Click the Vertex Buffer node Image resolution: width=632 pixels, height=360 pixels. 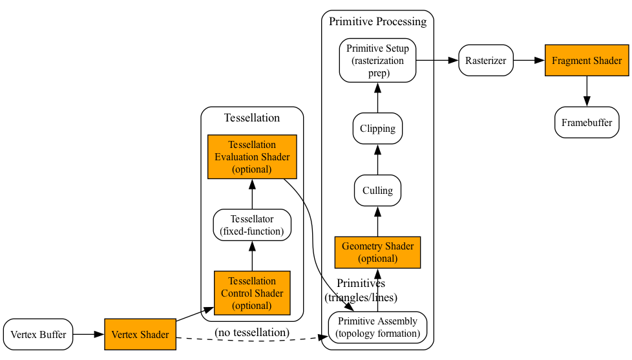pos(38,335)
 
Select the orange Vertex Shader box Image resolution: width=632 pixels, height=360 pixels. pos(140,335)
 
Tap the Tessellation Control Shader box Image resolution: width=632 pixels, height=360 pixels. pos(252,293)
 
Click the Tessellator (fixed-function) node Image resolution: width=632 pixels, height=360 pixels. pos(252,226)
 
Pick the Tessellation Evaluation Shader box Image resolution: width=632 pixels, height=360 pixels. pos(252,157)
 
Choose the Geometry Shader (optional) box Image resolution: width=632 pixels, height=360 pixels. pos(378,252)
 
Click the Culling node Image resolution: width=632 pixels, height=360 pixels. pos(378,191)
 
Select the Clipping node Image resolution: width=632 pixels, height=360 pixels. pos(378,129)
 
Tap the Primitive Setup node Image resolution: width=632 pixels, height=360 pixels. pos(378,61)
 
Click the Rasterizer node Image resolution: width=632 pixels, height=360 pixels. pos(486,61)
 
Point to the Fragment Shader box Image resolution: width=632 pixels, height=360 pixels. pos(587,61)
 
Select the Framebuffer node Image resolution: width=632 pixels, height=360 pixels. pos(587,123)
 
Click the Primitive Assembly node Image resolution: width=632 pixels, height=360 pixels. pos(378,328)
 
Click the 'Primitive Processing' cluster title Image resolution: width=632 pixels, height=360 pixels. pos(378,21)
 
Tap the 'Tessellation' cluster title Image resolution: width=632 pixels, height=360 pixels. pos(252,118)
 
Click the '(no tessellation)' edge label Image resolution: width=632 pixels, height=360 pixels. pos(252,332)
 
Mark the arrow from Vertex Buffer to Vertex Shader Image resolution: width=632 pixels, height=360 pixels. pos(89,335)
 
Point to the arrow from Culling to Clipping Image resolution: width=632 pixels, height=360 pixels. pos(378,160)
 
